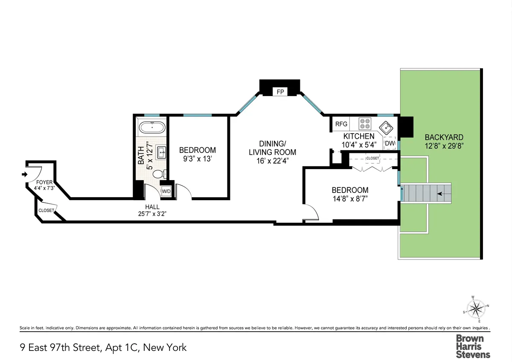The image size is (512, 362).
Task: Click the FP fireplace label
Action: click(280, 92)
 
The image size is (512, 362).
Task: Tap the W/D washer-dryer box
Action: click(166, 192)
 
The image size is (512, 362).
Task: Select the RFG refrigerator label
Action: click(341, 124)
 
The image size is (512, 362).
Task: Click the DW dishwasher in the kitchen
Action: click(390, 143)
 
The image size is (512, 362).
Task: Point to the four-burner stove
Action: click(365, 124)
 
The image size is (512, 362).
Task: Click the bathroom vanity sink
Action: click(161, 152)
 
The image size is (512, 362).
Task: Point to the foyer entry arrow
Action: click(24, 174)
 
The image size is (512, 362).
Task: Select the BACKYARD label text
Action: click(444, 137)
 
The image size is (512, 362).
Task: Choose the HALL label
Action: click(152, 207)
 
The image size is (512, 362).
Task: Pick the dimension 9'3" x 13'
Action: click(197, 158)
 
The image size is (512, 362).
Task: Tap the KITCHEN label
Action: click(358, 136)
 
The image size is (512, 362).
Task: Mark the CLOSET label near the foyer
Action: click(46, 210)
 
